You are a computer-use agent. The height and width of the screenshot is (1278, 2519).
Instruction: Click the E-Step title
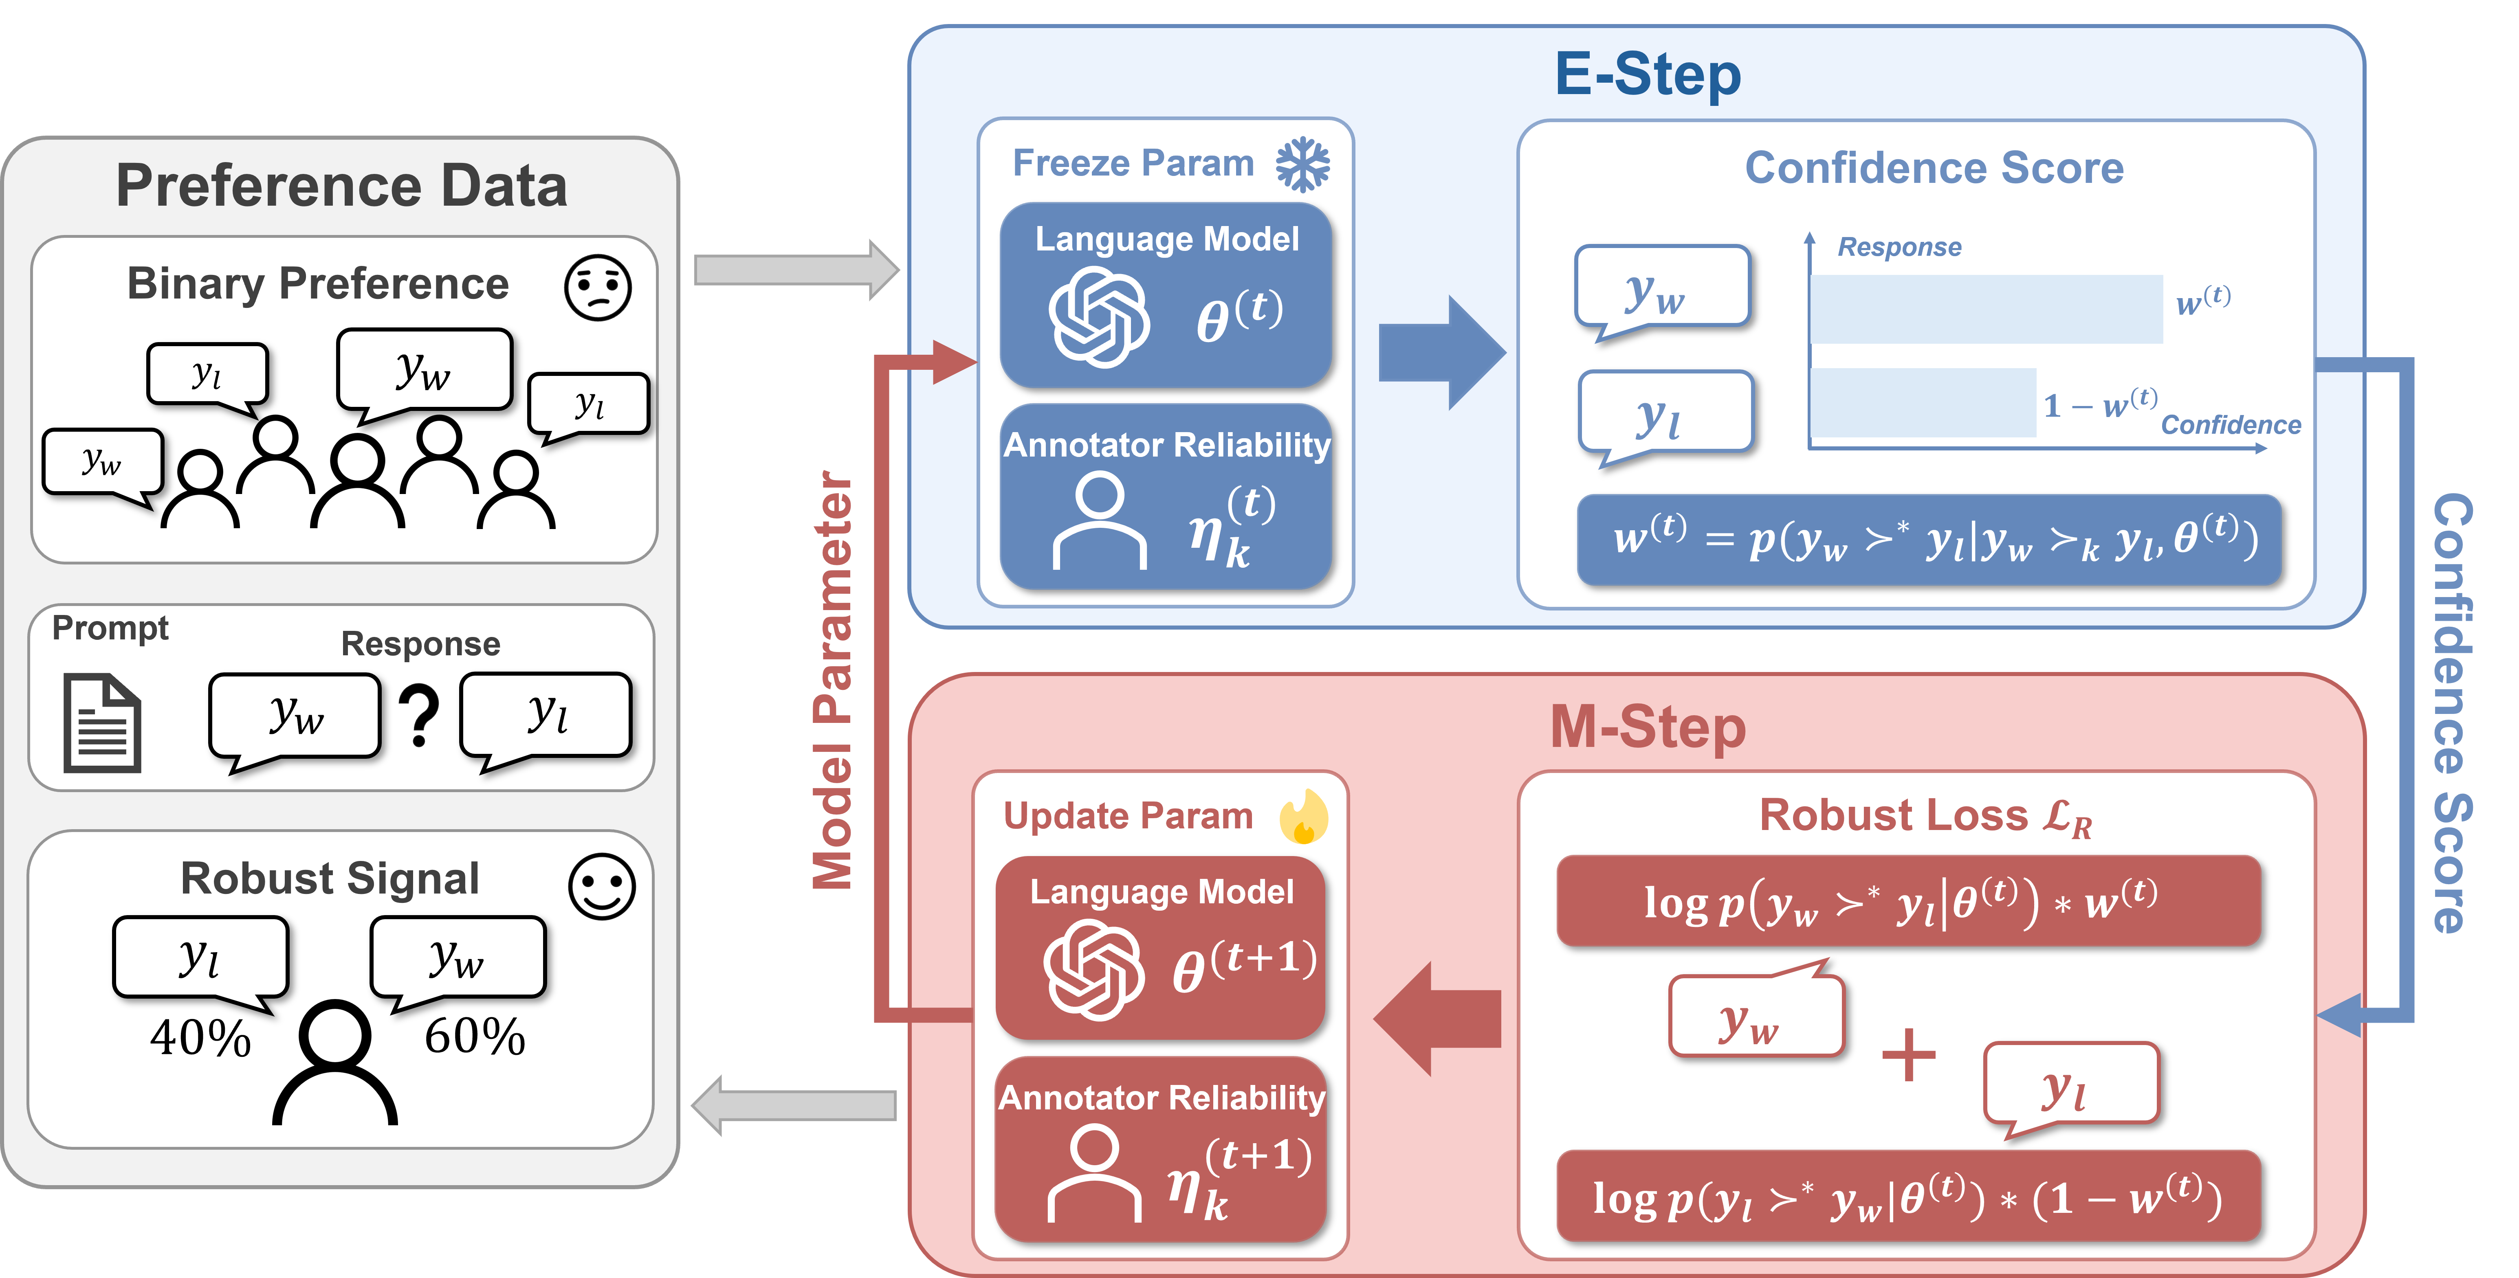pyautogui.click(x=1648, y=74)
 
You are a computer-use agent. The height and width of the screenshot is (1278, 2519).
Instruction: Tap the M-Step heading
pyautogui.click(x=1648, y=727)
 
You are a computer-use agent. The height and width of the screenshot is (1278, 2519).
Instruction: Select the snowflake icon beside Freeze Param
pyautogui.click(x=1302, y=163)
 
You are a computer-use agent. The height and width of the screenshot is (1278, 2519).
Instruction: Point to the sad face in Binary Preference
pyautogui.click(x=598, y=288)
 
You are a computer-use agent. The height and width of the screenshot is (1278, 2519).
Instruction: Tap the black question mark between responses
pyautogui.click(x=420, y=717)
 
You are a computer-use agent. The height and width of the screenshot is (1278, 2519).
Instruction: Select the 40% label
pyautogui.click(x=200, y=1037)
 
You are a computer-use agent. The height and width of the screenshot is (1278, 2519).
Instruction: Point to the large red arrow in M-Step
pyautogui.click(x=1437, y=1019)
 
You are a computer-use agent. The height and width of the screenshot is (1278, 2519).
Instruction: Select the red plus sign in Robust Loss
pyautogui.click(x=1908, y=1054)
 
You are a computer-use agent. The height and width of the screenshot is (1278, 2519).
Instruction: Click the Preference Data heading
pyautogui.click(x=341, y=186)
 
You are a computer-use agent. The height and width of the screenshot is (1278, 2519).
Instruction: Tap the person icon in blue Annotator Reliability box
pyautogui.click(x=1099, y=520)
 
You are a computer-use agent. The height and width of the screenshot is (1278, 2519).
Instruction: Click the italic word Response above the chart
pyautogui.click(x=1899, y=247)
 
